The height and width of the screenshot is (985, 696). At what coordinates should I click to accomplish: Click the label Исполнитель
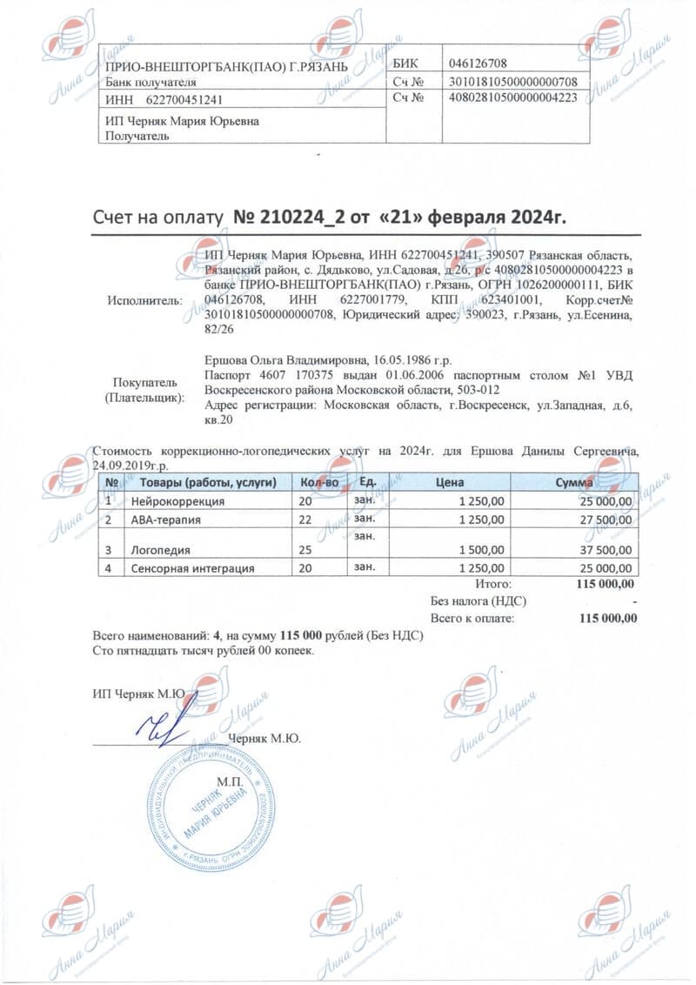tap(145, 300)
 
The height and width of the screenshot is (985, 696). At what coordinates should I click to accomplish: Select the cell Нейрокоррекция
tap(178, 502)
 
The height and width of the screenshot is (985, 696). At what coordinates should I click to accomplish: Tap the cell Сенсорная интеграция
tap(193, 568)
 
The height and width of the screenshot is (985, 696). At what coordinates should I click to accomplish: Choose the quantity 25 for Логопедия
tap(305, 550)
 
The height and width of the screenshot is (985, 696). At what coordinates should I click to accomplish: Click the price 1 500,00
tap(479, 550)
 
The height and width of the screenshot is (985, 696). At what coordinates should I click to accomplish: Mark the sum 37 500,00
tap(606, 550)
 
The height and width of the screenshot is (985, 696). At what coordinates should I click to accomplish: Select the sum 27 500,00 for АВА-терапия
tap(606, 519)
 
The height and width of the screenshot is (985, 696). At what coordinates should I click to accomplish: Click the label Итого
tap(495, 584)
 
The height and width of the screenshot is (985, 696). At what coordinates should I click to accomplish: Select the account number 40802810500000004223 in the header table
tap(512, 97)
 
